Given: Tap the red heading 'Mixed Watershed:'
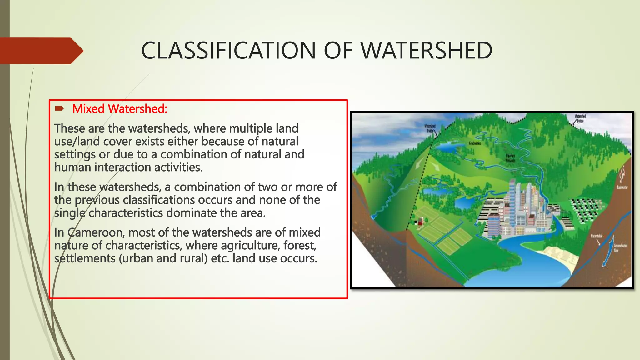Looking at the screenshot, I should [120, 109].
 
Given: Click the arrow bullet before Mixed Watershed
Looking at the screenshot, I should [59, 109].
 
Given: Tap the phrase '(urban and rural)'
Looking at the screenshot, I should [163, 259].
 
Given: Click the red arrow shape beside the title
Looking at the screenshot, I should [41, 51].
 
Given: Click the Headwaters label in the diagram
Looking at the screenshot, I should [475, 143].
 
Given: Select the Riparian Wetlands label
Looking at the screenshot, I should [510, 158].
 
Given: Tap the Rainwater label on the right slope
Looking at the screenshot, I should [622, 187].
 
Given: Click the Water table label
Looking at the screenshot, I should [596, 236].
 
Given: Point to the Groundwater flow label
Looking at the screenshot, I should [620, 248].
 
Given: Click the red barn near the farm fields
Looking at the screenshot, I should [421, 222].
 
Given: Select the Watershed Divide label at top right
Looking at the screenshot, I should [580, 118].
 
